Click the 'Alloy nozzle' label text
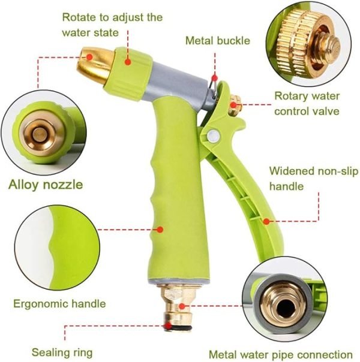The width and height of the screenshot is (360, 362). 46,185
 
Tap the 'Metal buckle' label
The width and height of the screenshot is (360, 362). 218,41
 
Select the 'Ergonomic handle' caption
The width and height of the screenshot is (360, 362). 59,304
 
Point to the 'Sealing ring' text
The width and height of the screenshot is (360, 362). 62,353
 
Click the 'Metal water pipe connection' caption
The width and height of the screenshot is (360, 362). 281,354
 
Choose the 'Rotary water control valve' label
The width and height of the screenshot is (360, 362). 307,104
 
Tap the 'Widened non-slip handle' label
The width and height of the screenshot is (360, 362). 314,179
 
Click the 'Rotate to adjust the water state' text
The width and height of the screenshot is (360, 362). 112,25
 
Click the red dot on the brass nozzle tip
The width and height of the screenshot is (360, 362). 89,57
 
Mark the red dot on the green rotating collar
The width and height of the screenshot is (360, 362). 128,62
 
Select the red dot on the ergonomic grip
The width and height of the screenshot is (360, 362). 160,230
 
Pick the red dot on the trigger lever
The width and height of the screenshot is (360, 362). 266,222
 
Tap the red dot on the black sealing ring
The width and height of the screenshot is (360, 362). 169,326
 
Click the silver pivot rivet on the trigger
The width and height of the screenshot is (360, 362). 213,135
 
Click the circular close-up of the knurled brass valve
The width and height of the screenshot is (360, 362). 308,44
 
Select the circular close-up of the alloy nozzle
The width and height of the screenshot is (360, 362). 44,132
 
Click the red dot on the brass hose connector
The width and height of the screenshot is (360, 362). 182,306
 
